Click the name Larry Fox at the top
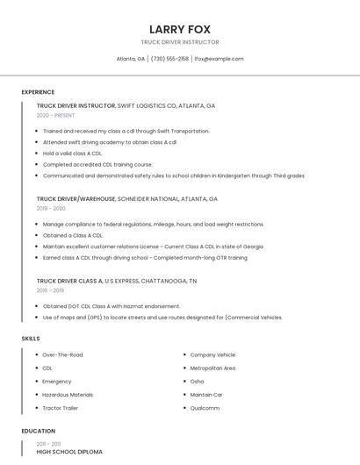(179, 28)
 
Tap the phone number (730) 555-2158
(169, 59)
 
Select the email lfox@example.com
(219, 59)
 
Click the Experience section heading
(38, 92)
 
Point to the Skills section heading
(31, 338)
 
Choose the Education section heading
(39, 431)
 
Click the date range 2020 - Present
(55, 115)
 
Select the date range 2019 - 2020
(51, 209)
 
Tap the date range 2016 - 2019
(50, 290)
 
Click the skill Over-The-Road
(62, 354)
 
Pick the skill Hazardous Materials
(68, 395)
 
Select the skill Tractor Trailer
(61, 408)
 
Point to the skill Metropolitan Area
(212, 368)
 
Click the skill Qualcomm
(205, 408)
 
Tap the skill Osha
(197, 382)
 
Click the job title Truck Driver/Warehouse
(76, 199)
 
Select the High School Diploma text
(69, 452)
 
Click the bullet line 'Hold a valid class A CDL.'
(73, 153)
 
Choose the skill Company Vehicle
(212, 354)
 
